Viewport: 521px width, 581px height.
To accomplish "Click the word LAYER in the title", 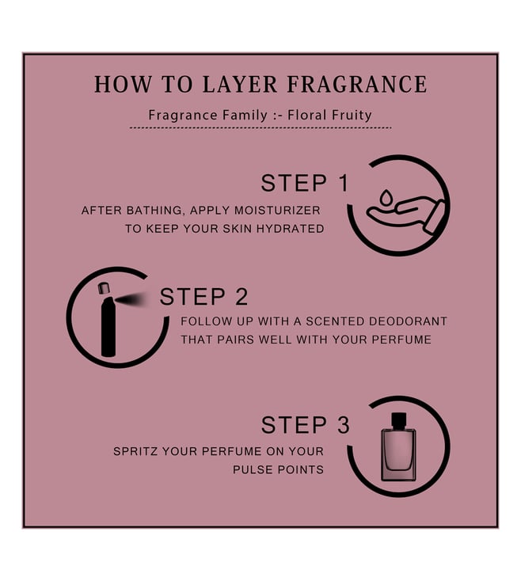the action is pos(240,84).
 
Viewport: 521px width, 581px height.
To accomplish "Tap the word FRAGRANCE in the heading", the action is pos(357,84).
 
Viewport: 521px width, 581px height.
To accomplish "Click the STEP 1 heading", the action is pos(305,183).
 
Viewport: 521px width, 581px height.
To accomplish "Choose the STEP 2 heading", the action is pos(203,297).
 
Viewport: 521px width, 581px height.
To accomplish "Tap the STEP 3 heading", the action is pos(306,424).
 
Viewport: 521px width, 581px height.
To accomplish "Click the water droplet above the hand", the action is pos(386,197).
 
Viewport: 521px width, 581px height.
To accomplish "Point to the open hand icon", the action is pos(405,215).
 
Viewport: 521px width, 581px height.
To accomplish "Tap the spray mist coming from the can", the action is pos(133,299).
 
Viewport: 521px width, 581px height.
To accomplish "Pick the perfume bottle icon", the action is pos(399,447).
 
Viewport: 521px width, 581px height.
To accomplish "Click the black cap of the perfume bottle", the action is pos(399,420).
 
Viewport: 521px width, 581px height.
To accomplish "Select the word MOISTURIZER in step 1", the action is pos(278,211).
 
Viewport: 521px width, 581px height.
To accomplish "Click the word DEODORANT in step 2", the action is pos(408,321).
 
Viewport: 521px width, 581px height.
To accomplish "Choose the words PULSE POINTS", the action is pos(278,470).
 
